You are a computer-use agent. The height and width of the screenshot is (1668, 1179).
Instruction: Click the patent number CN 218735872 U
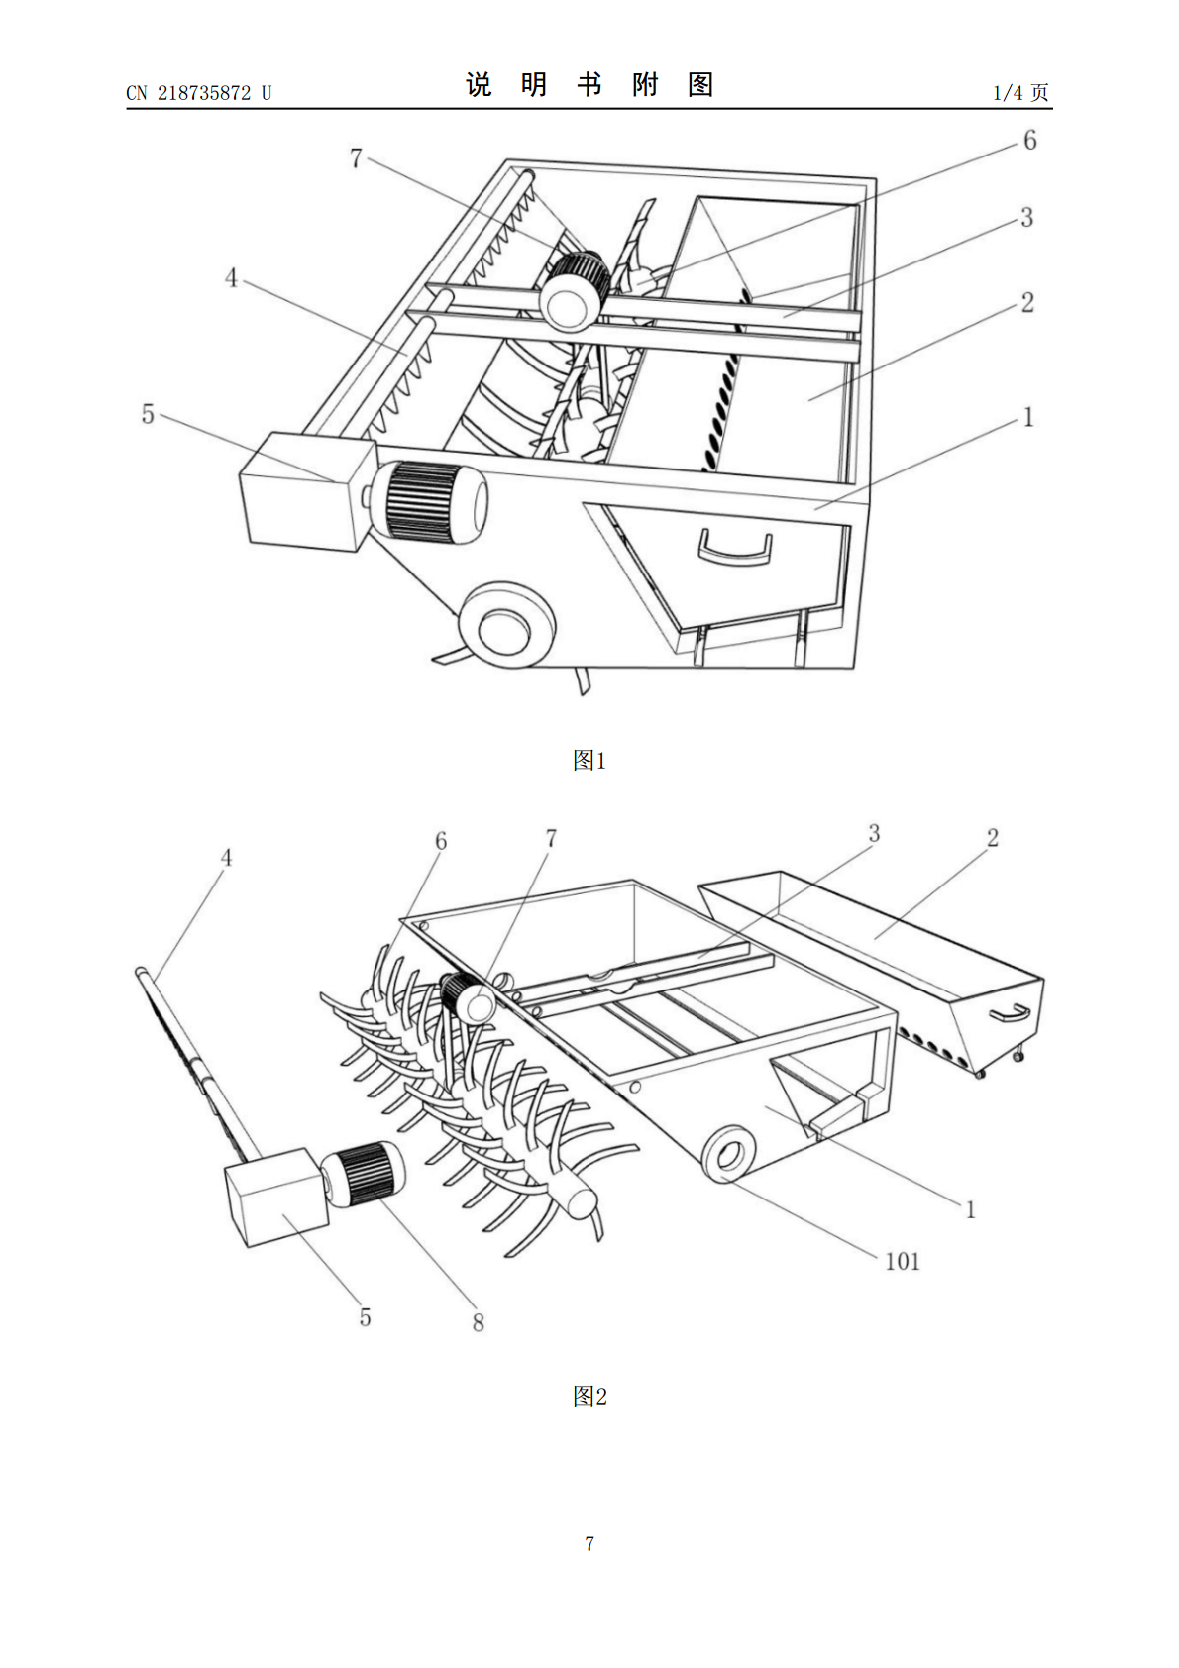click(199, 93)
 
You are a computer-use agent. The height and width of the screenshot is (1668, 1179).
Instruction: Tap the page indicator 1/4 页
click(1021, 92)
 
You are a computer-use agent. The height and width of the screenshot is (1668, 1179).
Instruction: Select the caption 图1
click(589, 761)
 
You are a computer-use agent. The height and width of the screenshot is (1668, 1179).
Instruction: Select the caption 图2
click(589, 1396)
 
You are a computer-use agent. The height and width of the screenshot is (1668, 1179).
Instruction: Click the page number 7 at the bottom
click(589, 1543)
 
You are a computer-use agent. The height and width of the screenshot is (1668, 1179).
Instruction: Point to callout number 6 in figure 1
click(1030, 140)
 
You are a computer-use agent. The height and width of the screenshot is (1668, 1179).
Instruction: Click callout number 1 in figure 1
click(1028, 417)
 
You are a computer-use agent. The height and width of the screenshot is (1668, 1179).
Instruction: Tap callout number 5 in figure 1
click(148, 414)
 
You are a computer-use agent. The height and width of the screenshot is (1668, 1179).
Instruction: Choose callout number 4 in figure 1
click(231, 278)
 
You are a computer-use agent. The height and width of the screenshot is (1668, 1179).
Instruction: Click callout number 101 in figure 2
click(903, 1262)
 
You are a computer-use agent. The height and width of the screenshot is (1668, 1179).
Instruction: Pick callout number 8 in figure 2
click(479, 1322)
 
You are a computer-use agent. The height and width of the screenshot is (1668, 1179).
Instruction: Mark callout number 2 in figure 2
click(992, 838)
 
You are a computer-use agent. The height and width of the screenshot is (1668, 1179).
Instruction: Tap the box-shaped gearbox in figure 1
click(307, 491)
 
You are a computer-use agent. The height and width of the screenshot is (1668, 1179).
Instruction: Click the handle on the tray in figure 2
click(1011, 1012)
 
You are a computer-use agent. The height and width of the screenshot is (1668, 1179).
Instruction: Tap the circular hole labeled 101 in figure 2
click(729, 1154)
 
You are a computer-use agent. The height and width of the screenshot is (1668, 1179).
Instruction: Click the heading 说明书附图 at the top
click(589, 85)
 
